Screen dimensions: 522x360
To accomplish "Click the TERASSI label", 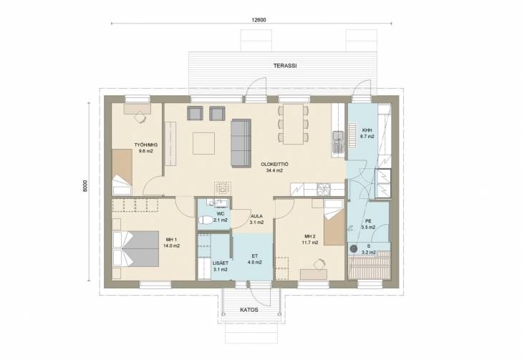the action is (285, 66).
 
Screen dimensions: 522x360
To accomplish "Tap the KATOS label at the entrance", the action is (249, 310).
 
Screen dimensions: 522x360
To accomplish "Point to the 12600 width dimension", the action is (258, 20).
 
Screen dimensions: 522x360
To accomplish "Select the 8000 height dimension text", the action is (85, 186).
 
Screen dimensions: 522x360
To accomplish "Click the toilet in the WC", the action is (206, 220).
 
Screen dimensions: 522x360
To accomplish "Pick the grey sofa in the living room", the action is (241, 142).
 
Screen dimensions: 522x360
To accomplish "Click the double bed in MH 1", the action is (136, 249).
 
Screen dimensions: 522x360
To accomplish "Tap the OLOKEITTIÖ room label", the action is (274, 165).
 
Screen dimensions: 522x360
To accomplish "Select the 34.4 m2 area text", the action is (274, 170).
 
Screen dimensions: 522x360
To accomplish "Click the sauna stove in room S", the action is (354, 248).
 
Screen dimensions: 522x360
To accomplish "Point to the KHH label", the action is (367, 130).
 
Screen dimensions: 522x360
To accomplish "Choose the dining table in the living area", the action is (294, 124).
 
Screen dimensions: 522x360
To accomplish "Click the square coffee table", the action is (204, 143).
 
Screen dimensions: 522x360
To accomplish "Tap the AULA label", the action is (256, 216).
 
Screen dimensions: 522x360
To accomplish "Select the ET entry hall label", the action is (255, 256).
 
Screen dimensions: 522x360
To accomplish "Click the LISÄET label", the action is (221, 263).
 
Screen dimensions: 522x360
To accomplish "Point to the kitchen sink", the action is (338, 142).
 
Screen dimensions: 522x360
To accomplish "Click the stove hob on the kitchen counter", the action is (323, 190).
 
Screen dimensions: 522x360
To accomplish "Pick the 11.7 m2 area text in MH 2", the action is (309, 243).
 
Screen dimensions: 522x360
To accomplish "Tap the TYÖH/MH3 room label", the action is (146, 145).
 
